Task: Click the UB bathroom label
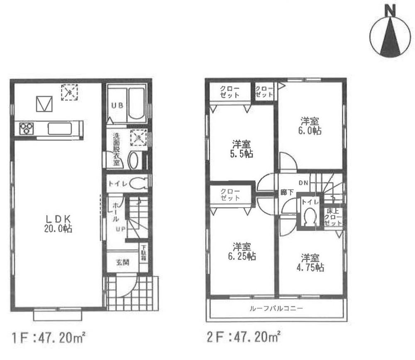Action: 116,105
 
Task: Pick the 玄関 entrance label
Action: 122,262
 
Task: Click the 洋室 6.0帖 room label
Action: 310,125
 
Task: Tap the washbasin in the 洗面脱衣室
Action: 133,161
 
